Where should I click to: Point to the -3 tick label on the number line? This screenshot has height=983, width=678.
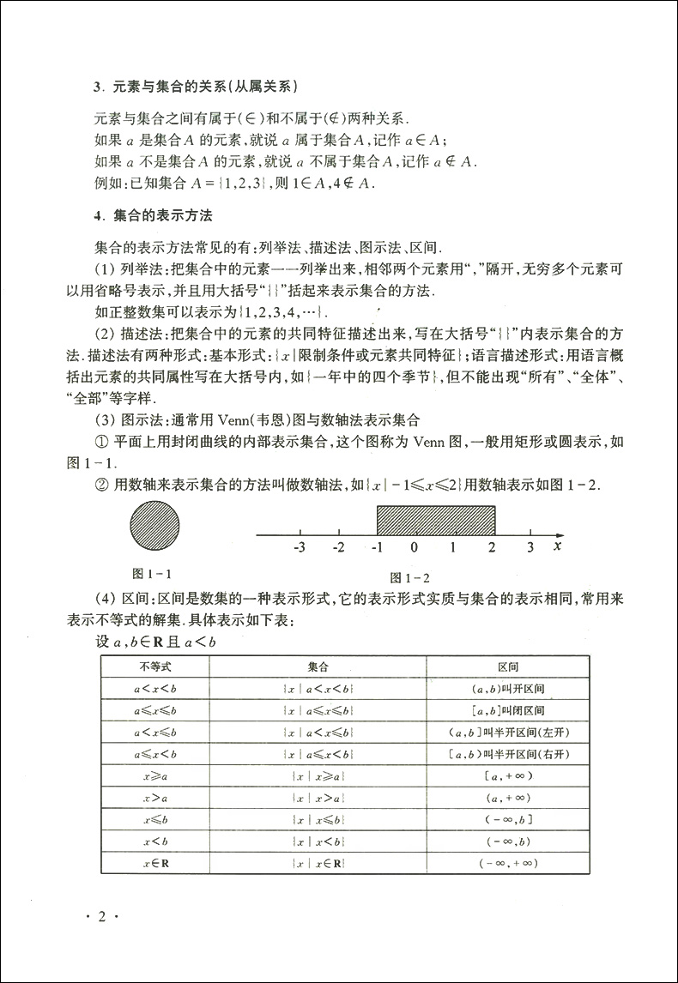[299, 547]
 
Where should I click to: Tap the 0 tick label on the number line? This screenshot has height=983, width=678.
[415, 547]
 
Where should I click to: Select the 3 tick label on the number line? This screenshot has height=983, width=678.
[530, 547]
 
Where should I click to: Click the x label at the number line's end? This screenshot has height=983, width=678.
[558, 546]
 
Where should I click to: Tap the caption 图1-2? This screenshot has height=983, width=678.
[409, 577]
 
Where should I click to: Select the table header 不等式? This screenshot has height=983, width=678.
[155, 666]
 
